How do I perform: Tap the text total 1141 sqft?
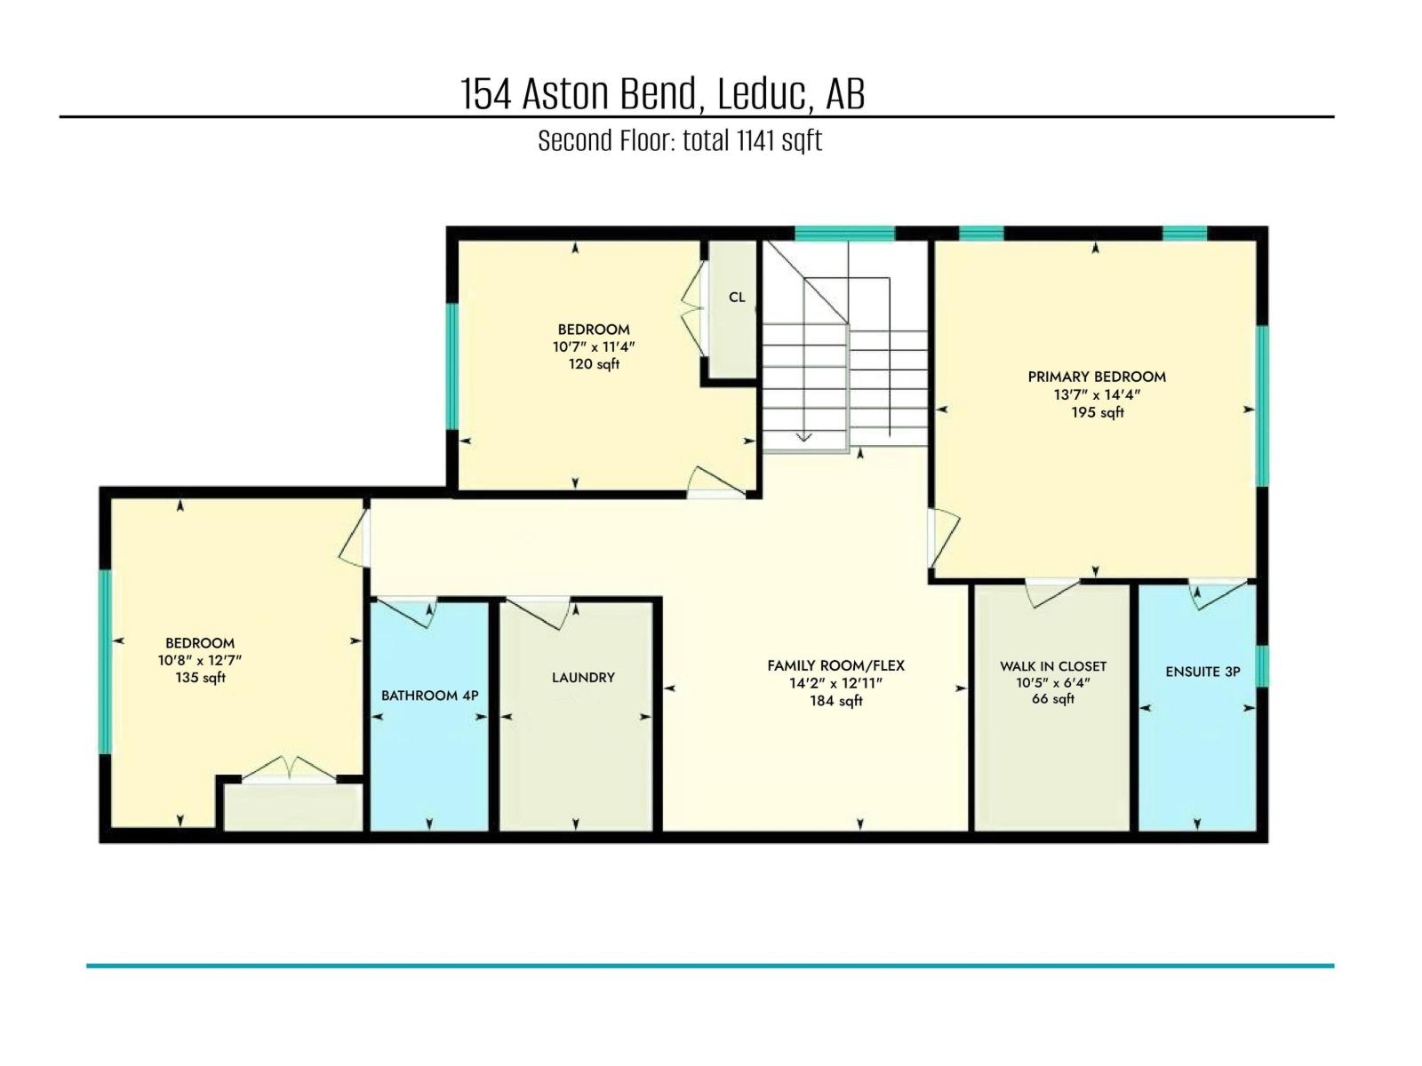[752, 140]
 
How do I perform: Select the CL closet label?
[737, 298]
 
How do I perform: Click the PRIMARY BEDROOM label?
[1097, 377]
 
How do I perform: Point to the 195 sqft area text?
[1098, 412]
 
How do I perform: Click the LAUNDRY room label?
[583, 677]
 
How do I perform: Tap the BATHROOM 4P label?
[430, 696]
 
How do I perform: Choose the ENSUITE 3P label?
[1202, 672]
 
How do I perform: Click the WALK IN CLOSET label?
[1053, 666]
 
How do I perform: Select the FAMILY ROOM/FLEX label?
[835, 665]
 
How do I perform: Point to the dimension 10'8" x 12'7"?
[200, 660]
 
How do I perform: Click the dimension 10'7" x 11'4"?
[594, 346]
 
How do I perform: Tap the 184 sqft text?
[835, 701]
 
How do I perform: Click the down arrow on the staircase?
[803, 435]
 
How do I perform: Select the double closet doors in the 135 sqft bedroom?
[290, 769]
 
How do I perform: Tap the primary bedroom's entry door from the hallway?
[944, 537]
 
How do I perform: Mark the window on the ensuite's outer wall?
[1262, 666]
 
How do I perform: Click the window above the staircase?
[843, 234]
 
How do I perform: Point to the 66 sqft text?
[1053, 699]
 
